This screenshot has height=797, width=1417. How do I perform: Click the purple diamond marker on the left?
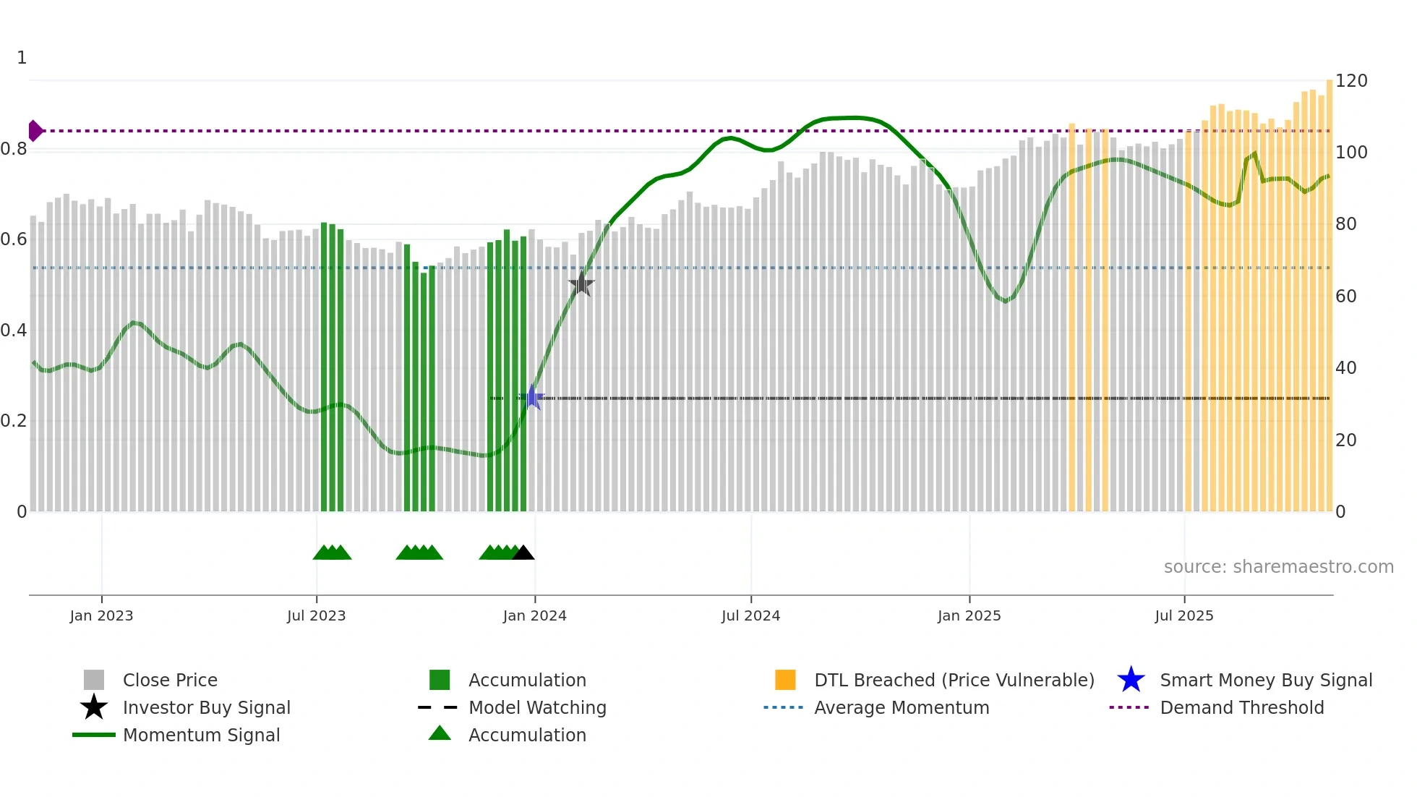(x=35, y=131)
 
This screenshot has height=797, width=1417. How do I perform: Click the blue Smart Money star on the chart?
(x=533, y=397)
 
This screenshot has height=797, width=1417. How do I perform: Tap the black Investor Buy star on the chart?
(x=581, y=285)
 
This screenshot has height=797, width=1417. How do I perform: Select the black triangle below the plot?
(x=523, y=553)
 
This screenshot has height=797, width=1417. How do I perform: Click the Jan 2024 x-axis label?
(x=534, y=616)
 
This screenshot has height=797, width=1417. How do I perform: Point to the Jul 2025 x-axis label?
(x=1183, y=616)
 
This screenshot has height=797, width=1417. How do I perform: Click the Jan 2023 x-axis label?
(x=101, y=616)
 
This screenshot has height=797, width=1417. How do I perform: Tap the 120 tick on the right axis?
(x=1350, y=81)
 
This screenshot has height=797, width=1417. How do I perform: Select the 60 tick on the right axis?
(x=1345, y=297)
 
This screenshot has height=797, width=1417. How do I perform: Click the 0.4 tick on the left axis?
(x=14, y=331)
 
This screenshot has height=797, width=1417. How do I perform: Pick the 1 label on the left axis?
(x=22, y=58)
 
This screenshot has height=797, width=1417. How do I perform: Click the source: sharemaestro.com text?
(x=1278, y=567)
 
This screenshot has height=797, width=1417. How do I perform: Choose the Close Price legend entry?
(x=170, y=681)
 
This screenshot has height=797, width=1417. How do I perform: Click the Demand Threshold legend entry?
(x=1241, y=708)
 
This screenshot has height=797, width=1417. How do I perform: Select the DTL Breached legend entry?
(x=954, y=681)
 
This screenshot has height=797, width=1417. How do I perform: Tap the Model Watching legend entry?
(x=537, y=708)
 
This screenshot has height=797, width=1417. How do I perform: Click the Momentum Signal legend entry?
(x=201, y=736)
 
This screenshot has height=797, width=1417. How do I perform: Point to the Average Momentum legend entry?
(x=901, y=708)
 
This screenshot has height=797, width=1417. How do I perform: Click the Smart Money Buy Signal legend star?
(x=1131, y=681)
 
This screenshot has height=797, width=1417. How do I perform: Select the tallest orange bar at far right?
(x=1330, y=289)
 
